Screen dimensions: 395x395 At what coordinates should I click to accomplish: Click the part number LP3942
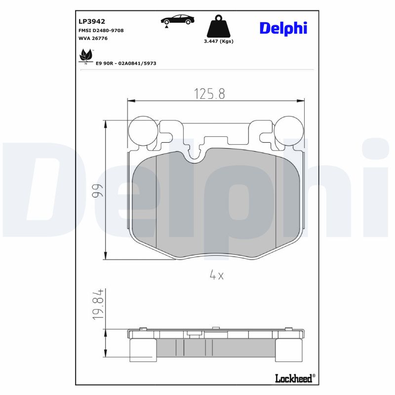point(92,21)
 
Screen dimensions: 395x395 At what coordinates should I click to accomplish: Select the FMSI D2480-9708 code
point(101,31)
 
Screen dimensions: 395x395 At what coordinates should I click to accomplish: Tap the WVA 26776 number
point(93,39)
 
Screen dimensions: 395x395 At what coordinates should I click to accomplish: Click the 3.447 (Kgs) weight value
point(218,41)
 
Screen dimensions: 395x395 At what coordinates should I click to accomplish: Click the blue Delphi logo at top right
point(283,28)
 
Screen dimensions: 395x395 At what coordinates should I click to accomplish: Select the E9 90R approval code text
point(126,64)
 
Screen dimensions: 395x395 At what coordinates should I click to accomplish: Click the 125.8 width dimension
point(209,94)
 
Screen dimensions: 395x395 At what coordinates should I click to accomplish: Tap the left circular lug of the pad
point(143,131)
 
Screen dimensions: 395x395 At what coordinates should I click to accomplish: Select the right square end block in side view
point(289,350)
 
